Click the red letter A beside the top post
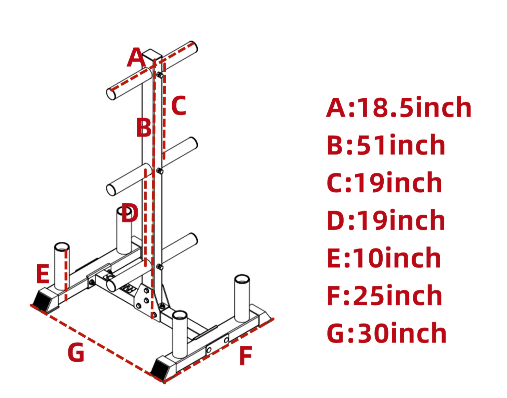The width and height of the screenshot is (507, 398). (x=136, y=57)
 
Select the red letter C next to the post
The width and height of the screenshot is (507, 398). (x=179, y=106)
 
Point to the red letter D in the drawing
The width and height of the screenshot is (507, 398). (x=130, y=213)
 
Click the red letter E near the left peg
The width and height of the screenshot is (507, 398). (x=43, y=273)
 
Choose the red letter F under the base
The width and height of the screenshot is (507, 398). (x=246, y=355)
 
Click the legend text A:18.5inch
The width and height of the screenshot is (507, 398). (x=399, y=107)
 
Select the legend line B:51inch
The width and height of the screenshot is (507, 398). (x=386, y=145)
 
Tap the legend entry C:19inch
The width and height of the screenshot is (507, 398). (x=384, y=182)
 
